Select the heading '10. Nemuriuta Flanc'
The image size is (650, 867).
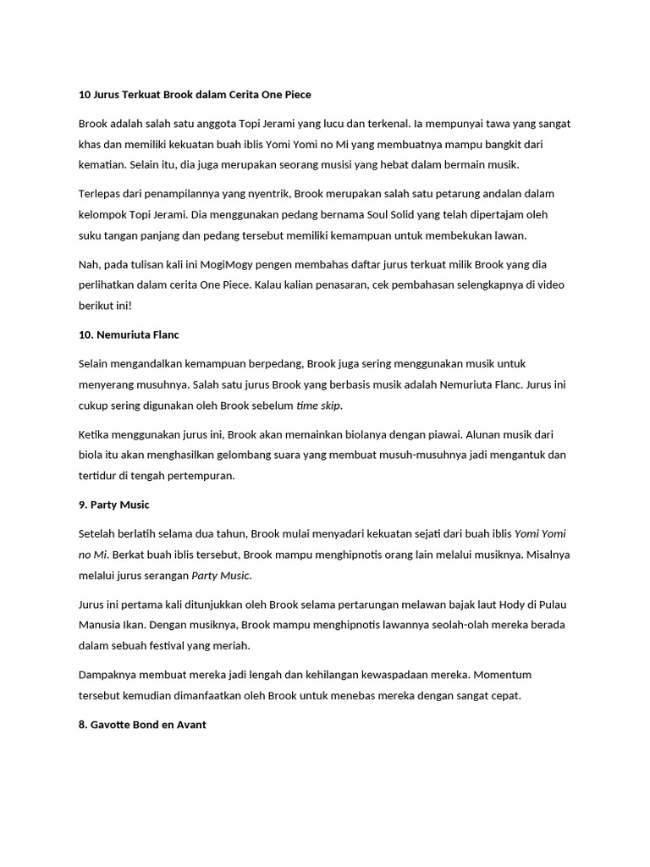pyautogui.click(x=129, y=334)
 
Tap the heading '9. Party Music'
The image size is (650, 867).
pyautogui.click(x=113, y=505)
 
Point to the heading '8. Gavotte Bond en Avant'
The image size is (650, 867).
pyautogui.click(x=142, y=725)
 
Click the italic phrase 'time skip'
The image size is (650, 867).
pyautogui.click(x=318, y=406)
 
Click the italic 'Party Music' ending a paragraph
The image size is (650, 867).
pyautogui.click(x=221, y=576)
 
